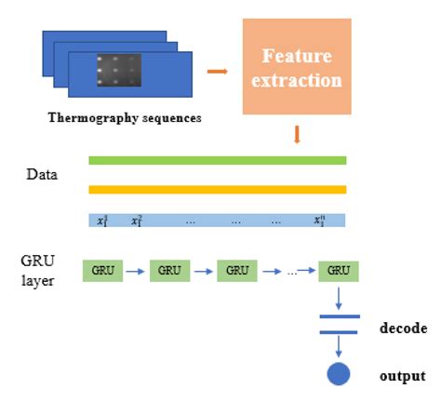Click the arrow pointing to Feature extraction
(217, 70)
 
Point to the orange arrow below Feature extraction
(297, 136)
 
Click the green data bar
(217, 160)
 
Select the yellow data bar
(217, 190)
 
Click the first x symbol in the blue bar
(104, 221)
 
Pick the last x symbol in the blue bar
(319, 221)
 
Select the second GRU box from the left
(169, 271)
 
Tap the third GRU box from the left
(237, 271)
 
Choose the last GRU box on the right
(338, 271)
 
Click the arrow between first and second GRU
(135, 272)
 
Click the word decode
(402, 328)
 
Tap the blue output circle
(340, 375)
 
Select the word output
(402, 376)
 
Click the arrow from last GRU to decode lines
(339, 300)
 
